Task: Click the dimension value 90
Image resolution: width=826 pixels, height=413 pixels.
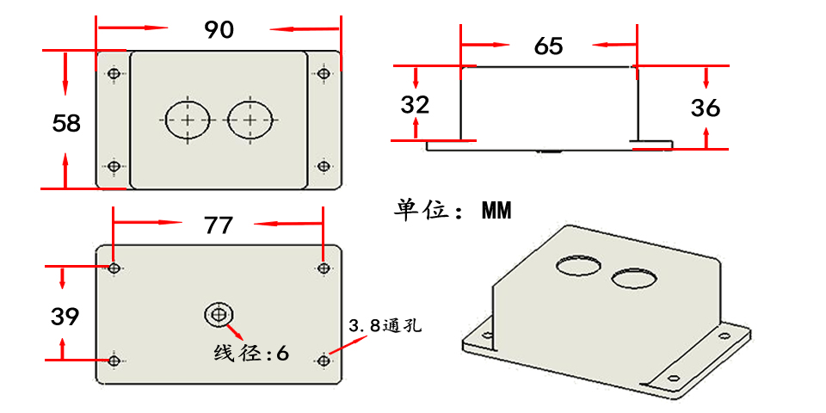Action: [219, 30]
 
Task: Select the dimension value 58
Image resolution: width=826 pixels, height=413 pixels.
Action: [66, 123]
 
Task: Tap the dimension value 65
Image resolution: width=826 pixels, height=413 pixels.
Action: [548, 46]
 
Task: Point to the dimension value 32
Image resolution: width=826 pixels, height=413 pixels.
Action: [415, 105]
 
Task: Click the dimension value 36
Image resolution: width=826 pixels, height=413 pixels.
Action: [706, 108]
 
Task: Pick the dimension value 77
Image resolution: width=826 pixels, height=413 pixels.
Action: [219, 225]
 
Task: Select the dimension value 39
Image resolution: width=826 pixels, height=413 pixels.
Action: [65, 317]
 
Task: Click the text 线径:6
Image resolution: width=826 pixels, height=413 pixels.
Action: [251, 353]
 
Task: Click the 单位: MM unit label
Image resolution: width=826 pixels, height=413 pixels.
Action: [453, 210]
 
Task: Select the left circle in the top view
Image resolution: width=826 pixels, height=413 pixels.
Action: [187, 120]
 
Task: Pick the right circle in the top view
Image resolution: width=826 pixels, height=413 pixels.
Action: [250, 120]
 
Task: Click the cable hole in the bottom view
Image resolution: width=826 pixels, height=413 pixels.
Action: [216, 315]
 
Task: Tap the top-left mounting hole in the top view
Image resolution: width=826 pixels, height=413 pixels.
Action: [114, 75]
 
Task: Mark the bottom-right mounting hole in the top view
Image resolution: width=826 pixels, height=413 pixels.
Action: [324, 166]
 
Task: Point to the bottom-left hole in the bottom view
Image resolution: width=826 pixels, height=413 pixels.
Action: [114, 360]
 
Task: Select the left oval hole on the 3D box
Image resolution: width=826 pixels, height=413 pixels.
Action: [577, 264]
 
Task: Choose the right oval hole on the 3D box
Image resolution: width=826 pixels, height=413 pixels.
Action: [634, 277]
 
